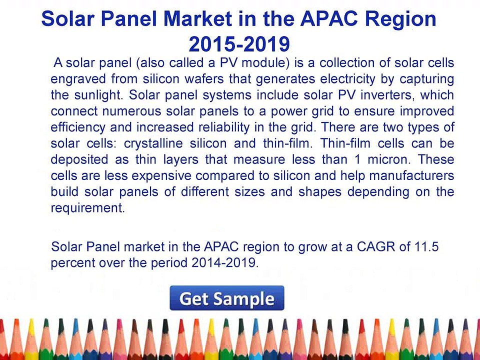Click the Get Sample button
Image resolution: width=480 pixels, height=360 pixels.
coord(227,298)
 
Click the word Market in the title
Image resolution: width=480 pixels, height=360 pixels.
coord(197,18)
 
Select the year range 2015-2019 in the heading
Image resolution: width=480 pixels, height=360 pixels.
coord(239,44)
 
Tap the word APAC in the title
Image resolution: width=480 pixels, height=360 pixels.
coord(329,18)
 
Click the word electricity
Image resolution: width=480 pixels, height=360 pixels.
coord(347,79)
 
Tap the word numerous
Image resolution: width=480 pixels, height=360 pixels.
coord(131,111)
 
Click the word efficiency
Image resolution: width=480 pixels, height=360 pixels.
coord(78,127)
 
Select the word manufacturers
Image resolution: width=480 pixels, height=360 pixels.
coord(411,175)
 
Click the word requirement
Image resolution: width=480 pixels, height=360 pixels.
coord(88,208)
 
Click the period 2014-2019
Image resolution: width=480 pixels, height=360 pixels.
coord(225,262)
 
